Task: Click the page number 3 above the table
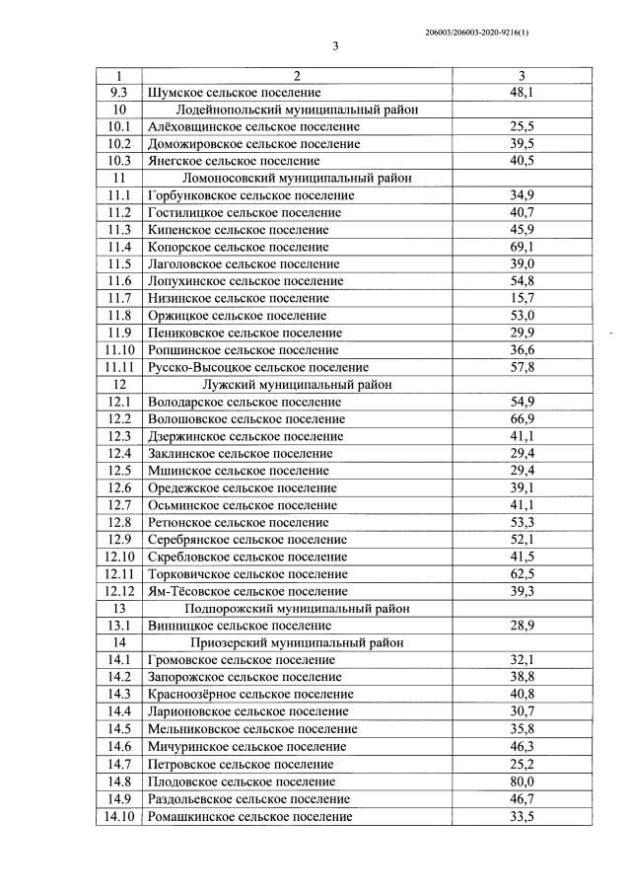click(335, 46)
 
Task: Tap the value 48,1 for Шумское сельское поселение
click(522, 92)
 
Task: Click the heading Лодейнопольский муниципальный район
click(295, 110)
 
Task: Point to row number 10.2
click(120, 144)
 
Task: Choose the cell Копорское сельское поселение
click(238, 247)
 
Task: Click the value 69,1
click(522, 247)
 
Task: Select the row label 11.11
click(120, 367)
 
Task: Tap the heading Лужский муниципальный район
click(296, 384)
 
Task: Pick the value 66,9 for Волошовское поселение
click(522, 418)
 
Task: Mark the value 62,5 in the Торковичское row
click(522, 573)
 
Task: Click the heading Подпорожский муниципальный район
click(296, 608)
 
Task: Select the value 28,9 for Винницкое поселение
click(522, 626)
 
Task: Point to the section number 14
click(120, 642)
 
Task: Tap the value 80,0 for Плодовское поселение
click(522, 781)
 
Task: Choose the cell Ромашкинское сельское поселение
click(249, 816)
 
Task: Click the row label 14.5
click(120, 729)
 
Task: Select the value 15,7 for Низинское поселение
click(522, 298)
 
